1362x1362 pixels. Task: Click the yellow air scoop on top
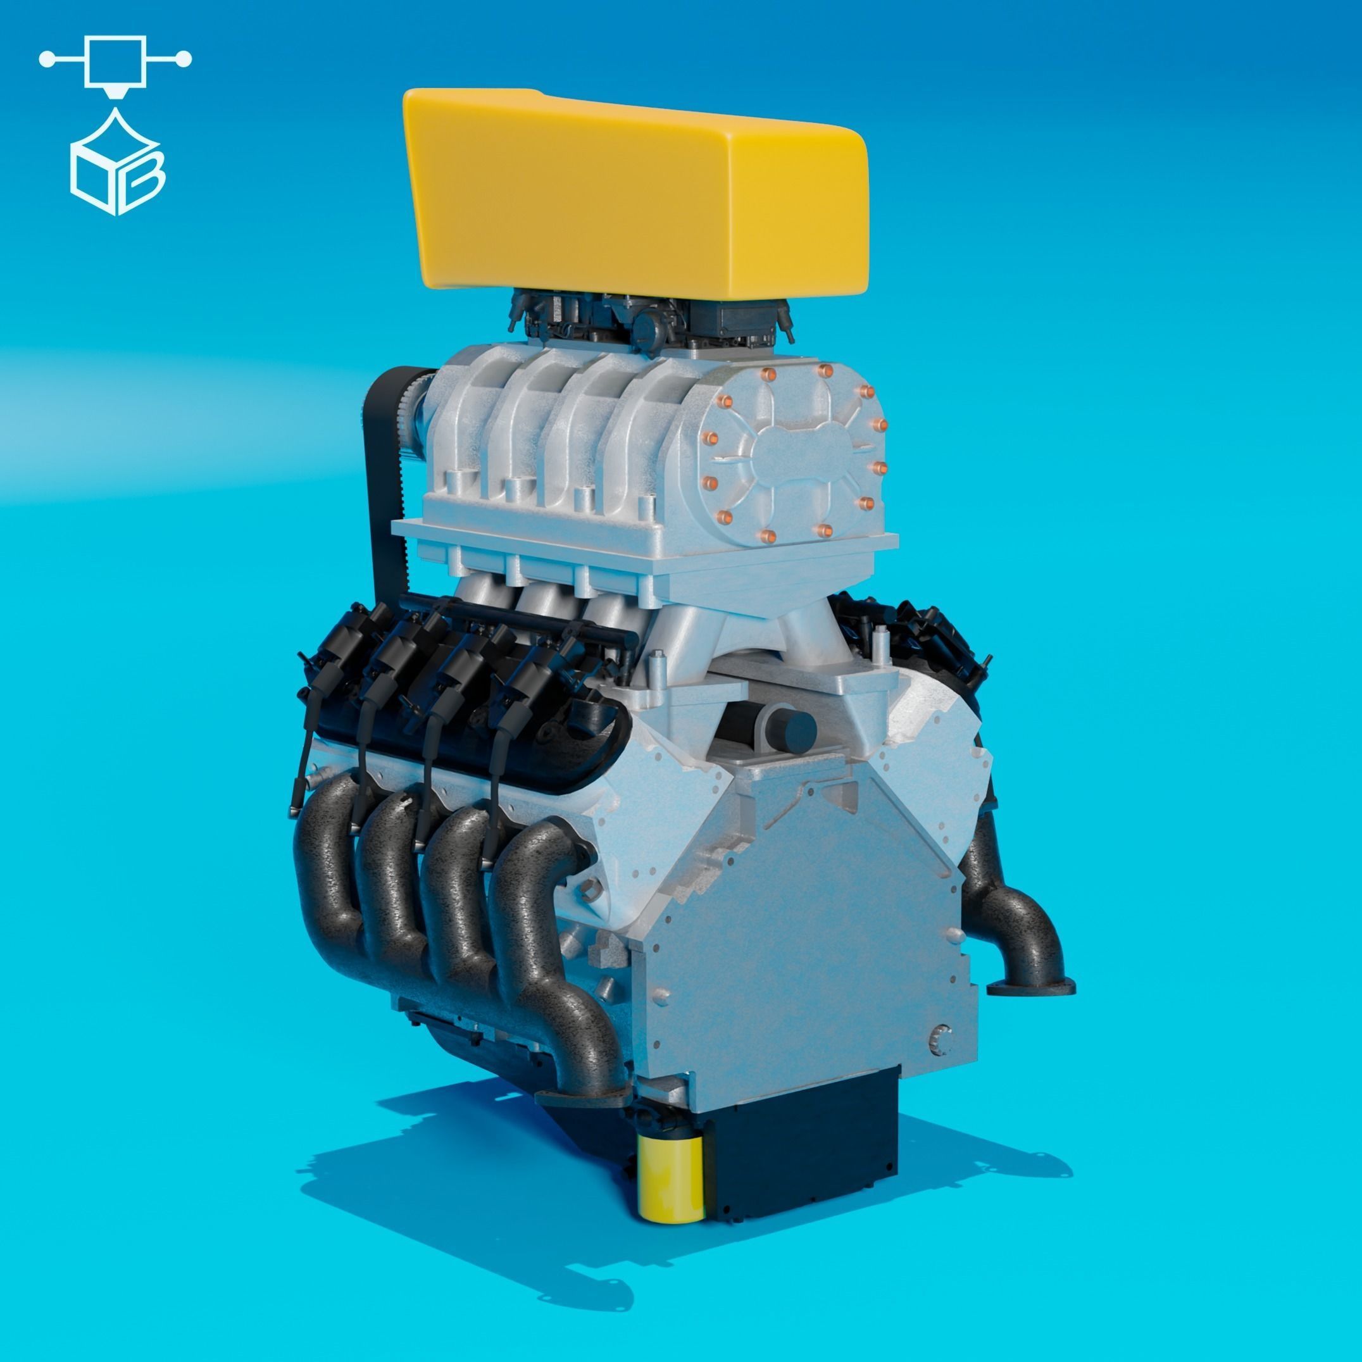[x=634, y=191]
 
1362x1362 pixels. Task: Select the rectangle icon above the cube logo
[x=115, y=61]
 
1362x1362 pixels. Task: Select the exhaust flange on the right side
[x=1030, y=987]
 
